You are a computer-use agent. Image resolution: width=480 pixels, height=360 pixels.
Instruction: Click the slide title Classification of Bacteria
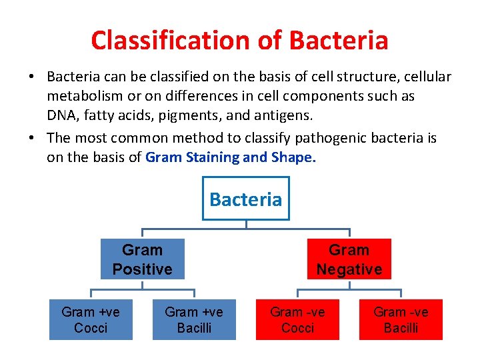pyautogui.click(x=239, y=41)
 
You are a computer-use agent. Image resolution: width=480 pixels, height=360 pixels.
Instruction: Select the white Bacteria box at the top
pyautogui.click(x=245, y=199)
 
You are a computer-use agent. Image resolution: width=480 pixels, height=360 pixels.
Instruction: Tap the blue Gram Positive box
pyautogui.click(x=142, y=259)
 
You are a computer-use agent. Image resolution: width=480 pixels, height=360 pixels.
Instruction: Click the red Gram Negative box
pyautogui.click(x=349, y=259)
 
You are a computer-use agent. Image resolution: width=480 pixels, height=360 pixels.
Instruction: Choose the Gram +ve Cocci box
pyautogui.click(x=91, y=320)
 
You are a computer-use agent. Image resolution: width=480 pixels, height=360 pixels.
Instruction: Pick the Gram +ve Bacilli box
pyautogui.click(x=194, y=320)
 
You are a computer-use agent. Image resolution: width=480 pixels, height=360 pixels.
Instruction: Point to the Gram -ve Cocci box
pyautogui.click(x=297, y=320)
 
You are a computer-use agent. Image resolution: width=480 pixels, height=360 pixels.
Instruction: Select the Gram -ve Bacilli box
pyautogui.click(x=401, y=320)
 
